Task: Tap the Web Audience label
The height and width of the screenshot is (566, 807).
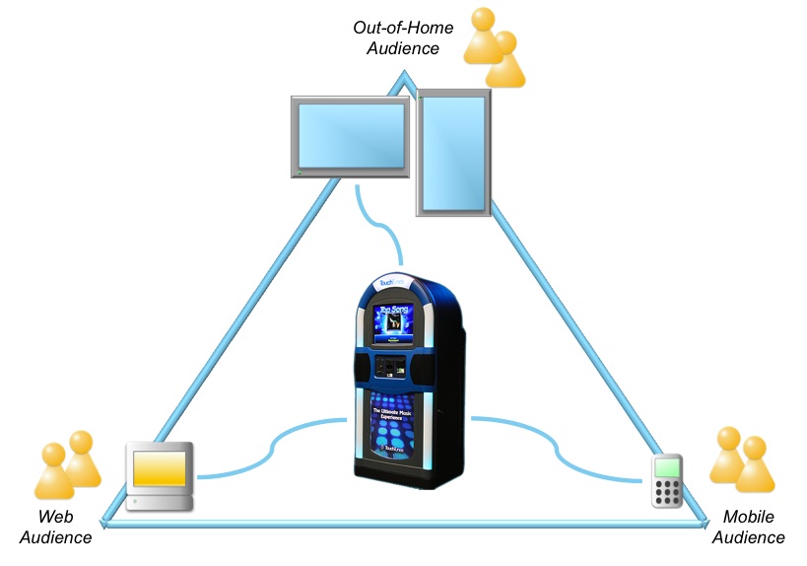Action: click(57, 528)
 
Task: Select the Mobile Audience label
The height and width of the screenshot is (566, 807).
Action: click(748, 528)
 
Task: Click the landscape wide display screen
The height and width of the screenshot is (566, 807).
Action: click(352, 136)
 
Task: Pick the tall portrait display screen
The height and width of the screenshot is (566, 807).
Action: click(453, 154)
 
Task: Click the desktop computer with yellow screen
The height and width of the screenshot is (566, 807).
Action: click(161, 476)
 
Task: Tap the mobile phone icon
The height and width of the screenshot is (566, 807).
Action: click(668, 481)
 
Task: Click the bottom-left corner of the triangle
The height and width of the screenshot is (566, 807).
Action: click(106, 522)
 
